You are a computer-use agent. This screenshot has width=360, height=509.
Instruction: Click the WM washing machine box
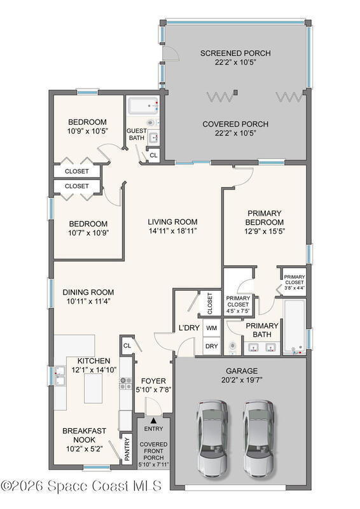(211, 328)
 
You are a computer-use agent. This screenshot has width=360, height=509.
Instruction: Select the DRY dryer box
(211, 346)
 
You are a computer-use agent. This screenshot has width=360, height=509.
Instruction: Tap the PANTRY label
(127, 449)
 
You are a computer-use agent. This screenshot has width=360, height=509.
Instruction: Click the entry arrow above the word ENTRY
(153, 421)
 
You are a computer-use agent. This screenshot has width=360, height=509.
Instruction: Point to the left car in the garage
(212, 439)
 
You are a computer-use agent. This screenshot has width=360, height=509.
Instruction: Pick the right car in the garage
(259, 439)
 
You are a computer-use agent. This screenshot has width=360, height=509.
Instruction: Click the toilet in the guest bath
(151, 123)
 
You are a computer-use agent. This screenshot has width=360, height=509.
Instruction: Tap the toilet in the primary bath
(233, 347)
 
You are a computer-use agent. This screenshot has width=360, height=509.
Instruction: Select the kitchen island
(93, 389)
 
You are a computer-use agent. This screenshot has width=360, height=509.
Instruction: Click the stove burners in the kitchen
(126, 384)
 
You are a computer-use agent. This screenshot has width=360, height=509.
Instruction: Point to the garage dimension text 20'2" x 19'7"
(242, 380)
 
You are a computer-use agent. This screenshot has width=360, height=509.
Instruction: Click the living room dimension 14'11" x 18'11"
(173, 231)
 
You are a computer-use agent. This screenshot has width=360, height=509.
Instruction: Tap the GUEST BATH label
(136, 134)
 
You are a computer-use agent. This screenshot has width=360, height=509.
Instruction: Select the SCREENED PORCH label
(235, 53)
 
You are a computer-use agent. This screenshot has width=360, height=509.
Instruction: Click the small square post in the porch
(236, 92)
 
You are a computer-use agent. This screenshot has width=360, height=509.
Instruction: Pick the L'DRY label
(189, 328)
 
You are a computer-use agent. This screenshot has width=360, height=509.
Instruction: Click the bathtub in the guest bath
(144, 106)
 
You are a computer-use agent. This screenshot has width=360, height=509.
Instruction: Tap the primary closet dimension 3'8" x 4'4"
(294, 288)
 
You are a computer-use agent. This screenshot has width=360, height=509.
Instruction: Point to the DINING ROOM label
(88, 292)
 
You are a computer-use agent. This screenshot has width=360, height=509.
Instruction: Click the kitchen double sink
(60, 376)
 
